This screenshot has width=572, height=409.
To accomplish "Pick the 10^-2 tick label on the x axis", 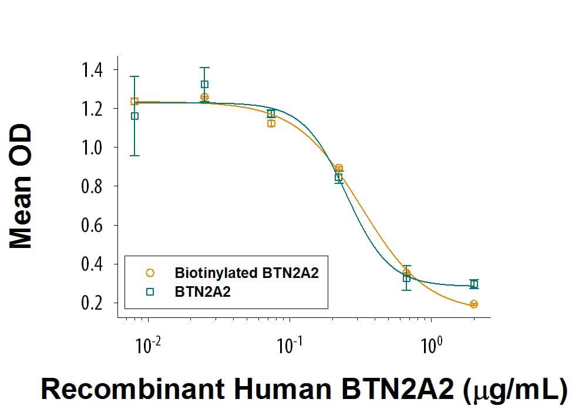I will [x=148, y=344].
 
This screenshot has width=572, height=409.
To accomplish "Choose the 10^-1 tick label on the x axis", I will [x=290, y=344].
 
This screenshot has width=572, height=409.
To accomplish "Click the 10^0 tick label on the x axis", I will [x=432, y=344].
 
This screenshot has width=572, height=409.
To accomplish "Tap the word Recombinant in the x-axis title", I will [x=106, y=389].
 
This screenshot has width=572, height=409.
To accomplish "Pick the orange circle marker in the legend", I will [x=150, y=273].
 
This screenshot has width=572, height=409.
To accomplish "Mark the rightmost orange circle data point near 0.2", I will [x=474, y=304].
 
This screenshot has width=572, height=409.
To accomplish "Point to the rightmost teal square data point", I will [x=474, y=284].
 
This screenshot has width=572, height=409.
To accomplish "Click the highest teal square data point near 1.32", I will [x=204, y=84].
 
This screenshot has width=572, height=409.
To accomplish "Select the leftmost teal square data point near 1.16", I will [x=134, y=116].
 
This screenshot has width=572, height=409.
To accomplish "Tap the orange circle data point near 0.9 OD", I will [x=339, y=168].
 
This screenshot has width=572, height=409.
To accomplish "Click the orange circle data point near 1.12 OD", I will [x=271, y=123].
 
